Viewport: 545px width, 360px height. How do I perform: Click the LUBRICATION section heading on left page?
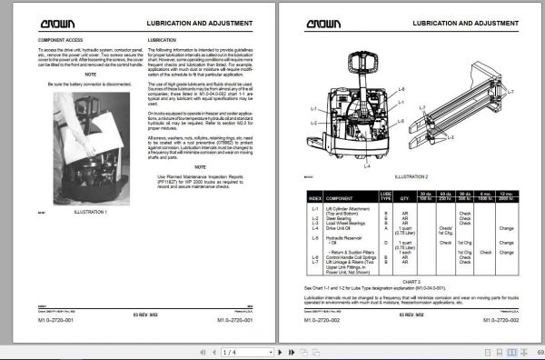pos(163,41)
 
